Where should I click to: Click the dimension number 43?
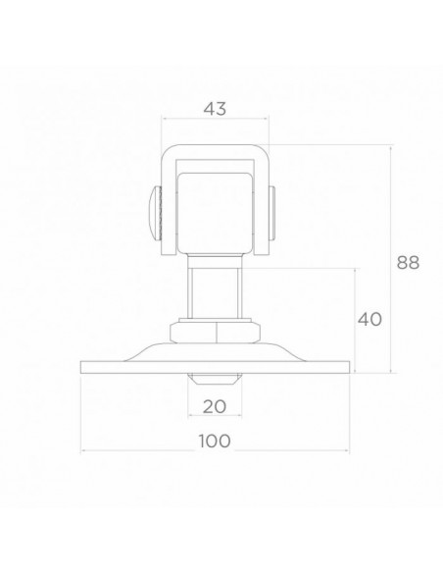click(215, 109)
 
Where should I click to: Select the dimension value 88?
click(408, 262)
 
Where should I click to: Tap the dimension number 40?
click(369, 320)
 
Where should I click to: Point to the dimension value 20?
click(215, 406)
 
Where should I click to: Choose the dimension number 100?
click(215, 441)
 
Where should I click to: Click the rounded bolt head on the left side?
click(156, 213)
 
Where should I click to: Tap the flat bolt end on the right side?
click(272, 213)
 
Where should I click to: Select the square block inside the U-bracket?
click(215, 213)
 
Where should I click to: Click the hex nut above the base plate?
click(215, 333)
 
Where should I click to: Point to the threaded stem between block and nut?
click(215, 287)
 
